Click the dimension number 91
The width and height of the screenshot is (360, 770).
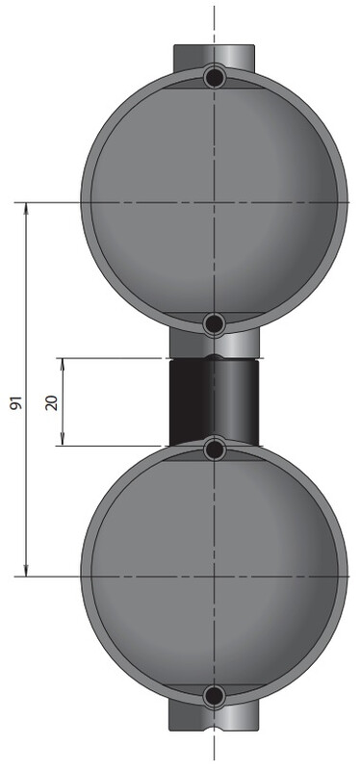coord(16,402)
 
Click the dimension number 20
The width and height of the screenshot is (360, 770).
coord(52,402)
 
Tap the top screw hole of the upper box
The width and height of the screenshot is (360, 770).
coord(214,77)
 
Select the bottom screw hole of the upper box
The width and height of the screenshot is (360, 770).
coord(214,323)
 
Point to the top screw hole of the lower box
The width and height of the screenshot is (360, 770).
coord(214,449)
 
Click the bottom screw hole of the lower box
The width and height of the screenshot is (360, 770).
coord(214,695)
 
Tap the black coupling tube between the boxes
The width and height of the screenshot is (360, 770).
coord(214,401)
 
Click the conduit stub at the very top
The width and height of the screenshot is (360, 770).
coord(214,58)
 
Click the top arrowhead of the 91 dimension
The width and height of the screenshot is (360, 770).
coord(26,208)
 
